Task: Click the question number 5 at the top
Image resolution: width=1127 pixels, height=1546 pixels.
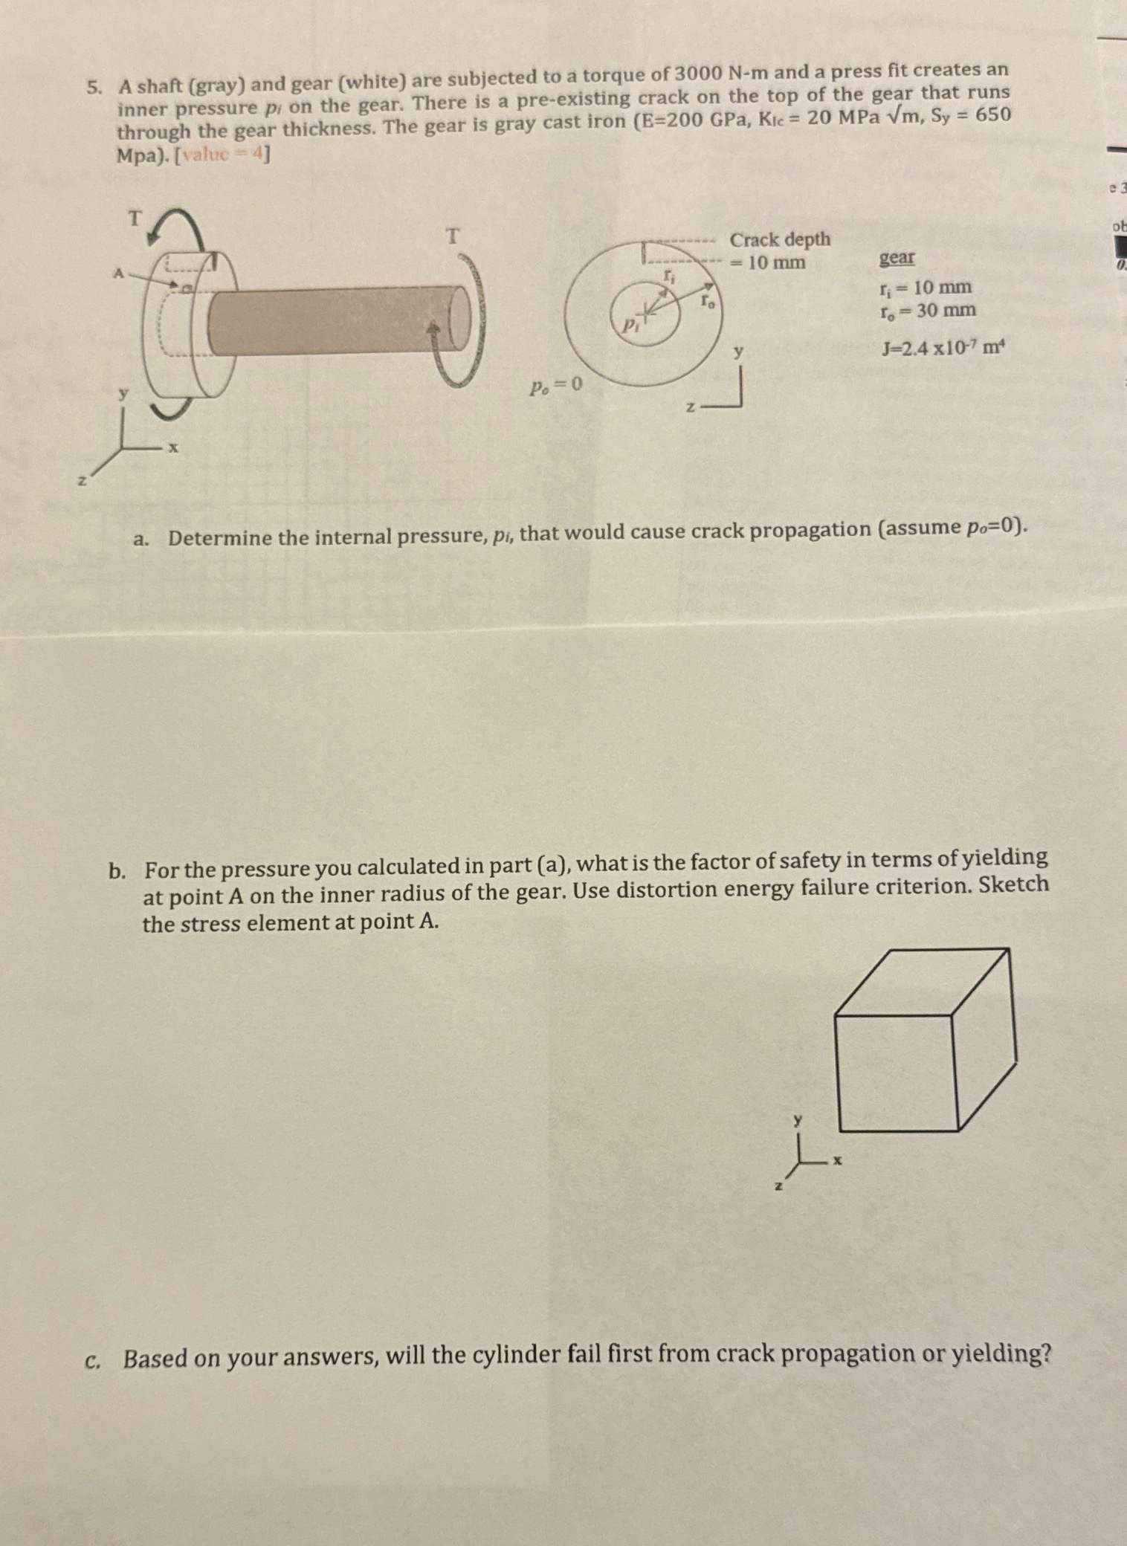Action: [92, 88]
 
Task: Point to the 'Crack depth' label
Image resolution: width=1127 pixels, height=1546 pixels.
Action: [779, 240]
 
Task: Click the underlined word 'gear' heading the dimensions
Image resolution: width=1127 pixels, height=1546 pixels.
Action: [897, 258]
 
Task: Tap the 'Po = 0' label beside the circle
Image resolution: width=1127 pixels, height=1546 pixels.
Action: [555, 386]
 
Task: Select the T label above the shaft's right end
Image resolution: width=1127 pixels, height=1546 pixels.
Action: [453, 236]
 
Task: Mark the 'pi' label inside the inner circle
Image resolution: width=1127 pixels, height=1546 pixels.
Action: [630, 324]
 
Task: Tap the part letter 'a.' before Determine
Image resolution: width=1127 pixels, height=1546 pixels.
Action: [140, 539]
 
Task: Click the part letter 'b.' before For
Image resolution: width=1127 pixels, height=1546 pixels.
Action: [116, 870]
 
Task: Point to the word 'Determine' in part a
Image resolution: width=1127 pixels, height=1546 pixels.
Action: [219, 537]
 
